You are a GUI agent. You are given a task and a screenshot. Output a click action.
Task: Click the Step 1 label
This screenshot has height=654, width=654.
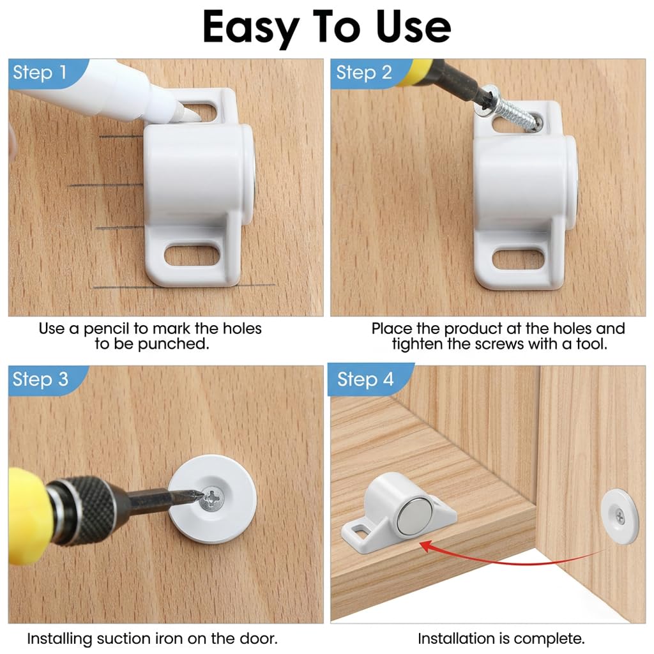(40, 73)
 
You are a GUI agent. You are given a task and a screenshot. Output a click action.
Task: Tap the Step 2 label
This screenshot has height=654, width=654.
(363, 73)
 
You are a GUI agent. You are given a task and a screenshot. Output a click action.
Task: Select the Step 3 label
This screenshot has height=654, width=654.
(40, 379)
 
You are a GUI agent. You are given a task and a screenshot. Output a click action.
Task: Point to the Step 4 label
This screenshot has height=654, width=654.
(365, 379)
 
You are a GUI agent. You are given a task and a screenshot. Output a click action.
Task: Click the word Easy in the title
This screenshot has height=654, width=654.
(250, 27)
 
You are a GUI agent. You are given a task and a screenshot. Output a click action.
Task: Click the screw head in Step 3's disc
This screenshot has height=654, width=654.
(211, 498)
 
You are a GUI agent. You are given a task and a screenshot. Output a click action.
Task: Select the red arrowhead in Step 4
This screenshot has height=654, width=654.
(427, 547)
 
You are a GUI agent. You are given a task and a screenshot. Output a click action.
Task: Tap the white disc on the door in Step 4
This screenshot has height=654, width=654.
(620, 516)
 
